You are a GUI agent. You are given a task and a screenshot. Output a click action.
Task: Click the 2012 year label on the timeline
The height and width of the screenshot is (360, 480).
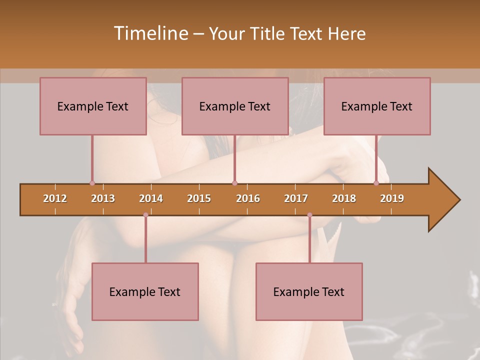pyautogui.click(x=55, y=198)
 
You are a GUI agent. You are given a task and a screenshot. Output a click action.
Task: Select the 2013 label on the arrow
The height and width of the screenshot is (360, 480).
pyautogui.click(x=103, y=198)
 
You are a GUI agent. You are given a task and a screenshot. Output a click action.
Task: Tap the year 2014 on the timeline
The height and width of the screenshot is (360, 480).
pyautogui.click(x=151, y=198)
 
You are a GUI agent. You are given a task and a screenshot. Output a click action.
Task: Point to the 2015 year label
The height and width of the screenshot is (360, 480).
pyautogui.click(x=199, y=198)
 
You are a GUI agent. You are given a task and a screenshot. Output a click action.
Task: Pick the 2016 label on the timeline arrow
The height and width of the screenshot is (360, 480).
pyautogui.click(x=248, y=198)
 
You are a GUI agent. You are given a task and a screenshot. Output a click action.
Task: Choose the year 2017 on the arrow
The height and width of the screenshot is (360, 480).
pyautogui.click(x=296, y=198)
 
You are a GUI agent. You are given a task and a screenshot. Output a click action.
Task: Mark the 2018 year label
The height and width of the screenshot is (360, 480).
pyautogui.click(x=344, y=198)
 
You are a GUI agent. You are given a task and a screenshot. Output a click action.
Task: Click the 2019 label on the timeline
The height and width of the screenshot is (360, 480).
pyautogui.click(x=392, y=198)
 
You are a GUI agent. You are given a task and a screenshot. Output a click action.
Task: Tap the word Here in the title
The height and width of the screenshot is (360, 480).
pyautogui.click(x=346, y=33)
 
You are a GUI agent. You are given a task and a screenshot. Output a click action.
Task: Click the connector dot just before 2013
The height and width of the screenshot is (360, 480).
pyautogui.click(x=92, y=183)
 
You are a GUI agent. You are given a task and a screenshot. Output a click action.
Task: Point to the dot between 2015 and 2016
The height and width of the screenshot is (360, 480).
pyautogui.click(x=234, y=183)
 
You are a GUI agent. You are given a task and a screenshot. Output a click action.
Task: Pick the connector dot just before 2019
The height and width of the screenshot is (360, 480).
pyautogui.click(x=376, y=183)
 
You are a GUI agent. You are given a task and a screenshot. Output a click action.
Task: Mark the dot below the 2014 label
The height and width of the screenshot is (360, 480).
pyautogui.click(x=145, y=215)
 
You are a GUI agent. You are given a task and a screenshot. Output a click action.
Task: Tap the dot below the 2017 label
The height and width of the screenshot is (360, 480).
pyautogui.click(x=309, y=215)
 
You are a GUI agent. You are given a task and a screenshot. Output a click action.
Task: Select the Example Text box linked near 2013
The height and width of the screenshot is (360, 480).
pyautogui.click(x=93, y=106)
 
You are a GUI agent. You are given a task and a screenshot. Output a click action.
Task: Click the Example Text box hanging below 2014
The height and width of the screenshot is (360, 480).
pyautogui.click(x=145, y=291)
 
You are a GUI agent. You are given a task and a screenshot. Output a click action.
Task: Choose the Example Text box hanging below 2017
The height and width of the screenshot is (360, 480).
pyautogui.click(x=309, y=291)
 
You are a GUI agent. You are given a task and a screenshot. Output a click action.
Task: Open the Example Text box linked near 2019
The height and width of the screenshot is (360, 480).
pyautogui.click(x=377, y=106)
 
